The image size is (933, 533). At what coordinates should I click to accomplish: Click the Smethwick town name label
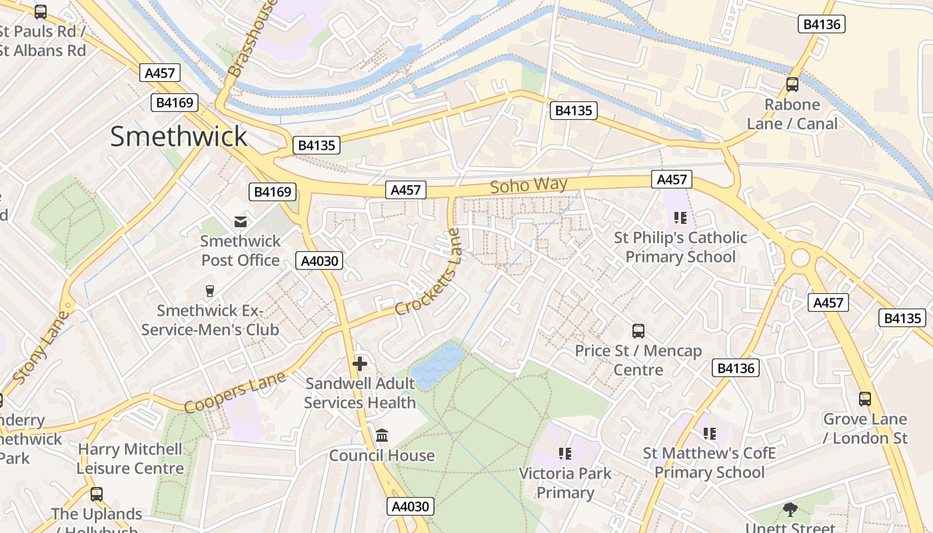tap(179, 137)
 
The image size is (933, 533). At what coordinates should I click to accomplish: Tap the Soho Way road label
tap(528, 185)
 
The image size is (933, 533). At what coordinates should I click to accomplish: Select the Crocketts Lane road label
tap(428, 272)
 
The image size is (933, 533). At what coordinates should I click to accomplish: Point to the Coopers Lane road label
tap(235, 392)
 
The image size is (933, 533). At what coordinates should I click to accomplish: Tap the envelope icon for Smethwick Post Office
tap(240, 222)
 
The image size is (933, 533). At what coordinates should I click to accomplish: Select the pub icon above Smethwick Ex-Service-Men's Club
tap(210, 291)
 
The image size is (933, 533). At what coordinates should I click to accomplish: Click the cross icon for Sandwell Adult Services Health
tap(360, 364)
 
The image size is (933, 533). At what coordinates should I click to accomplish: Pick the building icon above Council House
tap(382, 436)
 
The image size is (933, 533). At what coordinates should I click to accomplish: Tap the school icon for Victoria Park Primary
tap(565, 454)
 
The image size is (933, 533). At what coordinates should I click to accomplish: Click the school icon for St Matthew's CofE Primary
tap(709, 434)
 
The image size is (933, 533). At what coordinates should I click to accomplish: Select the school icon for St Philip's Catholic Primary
tap(680, 218)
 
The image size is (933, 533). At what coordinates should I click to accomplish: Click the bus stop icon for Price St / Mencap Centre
tap(638, 331)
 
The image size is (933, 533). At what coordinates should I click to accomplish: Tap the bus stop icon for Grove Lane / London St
tap(864, 399)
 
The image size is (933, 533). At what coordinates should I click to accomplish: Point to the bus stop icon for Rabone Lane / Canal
tap(792, 85)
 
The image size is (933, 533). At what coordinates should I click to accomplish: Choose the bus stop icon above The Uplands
tap(97, 494)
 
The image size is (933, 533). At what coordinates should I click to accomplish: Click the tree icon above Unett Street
tap(790, 510)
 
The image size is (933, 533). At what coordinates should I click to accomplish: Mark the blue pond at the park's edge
tap(437, 365)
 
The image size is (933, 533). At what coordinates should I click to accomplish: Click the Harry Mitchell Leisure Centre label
tap(130, 458)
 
